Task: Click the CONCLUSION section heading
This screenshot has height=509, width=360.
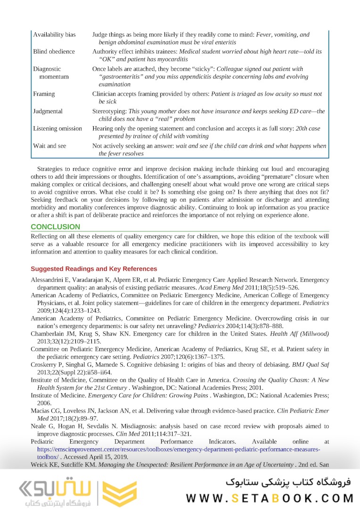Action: coord(56,227)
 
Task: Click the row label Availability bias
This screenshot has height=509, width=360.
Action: coord(54,35)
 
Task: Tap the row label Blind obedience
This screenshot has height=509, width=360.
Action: coord(54,51)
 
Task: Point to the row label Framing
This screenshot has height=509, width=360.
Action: coord(44,94)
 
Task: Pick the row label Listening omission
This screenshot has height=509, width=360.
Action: coord(57,128)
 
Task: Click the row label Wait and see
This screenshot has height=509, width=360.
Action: coord(49,146)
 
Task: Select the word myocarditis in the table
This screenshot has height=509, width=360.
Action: coord(172,59)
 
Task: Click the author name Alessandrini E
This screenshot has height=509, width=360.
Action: coord(51,280)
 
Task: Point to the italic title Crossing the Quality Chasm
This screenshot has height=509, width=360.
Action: coord(278,380)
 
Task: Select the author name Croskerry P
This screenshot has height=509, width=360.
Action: coord(48,365)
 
